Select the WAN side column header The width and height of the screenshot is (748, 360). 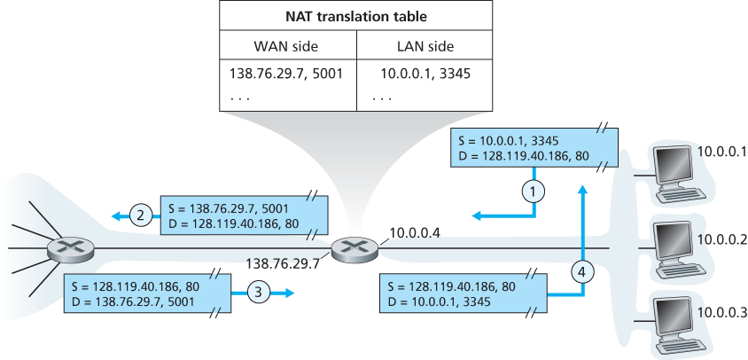point(288,45)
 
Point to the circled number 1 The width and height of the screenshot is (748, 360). point(532,189)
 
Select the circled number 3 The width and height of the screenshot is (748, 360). point(255,290)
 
